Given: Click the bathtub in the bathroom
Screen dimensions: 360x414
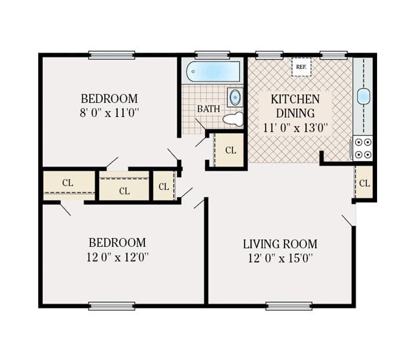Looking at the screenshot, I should [213, 71].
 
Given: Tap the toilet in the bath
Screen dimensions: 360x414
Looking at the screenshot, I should [234, 119].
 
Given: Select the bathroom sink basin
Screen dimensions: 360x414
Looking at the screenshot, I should [235, 98].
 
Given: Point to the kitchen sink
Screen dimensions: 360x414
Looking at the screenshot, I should [364, 96].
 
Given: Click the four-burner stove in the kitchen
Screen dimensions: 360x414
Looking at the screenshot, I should [364, 148].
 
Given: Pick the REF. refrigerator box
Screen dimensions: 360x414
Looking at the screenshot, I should [301, 67].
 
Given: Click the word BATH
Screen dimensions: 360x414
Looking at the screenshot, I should [208, 109].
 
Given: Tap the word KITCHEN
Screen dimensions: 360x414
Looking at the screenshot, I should [295, 100].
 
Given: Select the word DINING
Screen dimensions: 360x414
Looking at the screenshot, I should [295, 113].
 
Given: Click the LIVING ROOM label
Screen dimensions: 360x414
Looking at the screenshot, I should [280, 244].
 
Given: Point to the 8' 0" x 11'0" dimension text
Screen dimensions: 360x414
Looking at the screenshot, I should [109, 112].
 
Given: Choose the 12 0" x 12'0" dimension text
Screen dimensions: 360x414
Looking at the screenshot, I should [117, 257].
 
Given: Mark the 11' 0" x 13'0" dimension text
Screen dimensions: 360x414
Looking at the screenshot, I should [295, 127].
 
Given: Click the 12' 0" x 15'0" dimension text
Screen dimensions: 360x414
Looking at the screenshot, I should [280, 259].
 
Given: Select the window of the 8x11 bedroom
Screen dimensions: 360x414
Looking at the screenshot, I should [111, 55].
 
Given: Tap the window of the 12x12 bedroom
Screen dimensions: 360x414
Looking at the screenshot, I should [111, 306].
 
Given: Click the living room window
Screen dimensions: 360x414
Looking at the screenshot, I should [289, 306].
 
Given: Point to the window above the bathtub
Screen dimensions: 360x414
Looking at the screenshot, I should [212, 55].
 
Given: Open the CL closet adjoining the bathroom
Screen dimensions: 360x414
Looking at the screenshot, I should [230, 151].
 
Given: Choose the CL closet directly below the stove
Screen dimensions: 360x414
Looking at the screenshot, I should [364, 183].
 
